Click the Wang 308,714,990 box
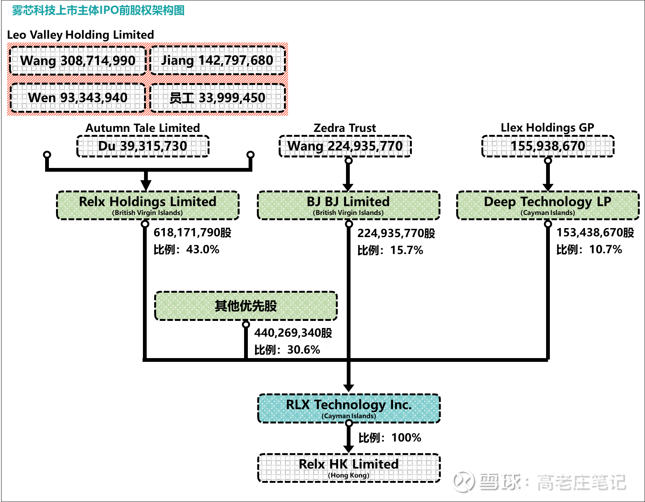point(77,60)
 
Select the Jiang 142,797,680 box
point(217,60)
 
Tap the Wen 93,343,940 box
point(77,98)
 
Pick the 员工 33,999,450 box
point(217,98)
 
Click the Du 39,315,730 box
point(143,146)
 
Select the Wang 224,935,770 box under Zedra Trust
point(345,146)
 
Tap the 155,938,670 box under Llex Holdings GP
point(548,146)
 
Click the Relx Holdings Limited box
point(148,205)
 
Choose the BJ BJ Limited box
point(348,205)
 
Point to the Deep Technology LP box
point(548,205)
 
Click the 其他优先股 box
point(246,306)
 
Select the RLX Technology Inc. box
point(349,408)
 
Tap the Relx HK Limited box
point(349,467)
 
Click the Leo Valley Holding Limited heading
point(80,35)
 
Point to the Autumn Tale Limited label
point(143,128)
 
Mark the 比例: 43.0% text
point(186,249)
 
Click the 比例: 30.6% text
point(287,350)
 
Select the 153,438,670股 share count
point(595,233)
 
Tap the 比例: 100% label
point(390,438)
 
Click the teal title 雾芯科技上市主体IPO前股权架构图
point(98,10)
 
